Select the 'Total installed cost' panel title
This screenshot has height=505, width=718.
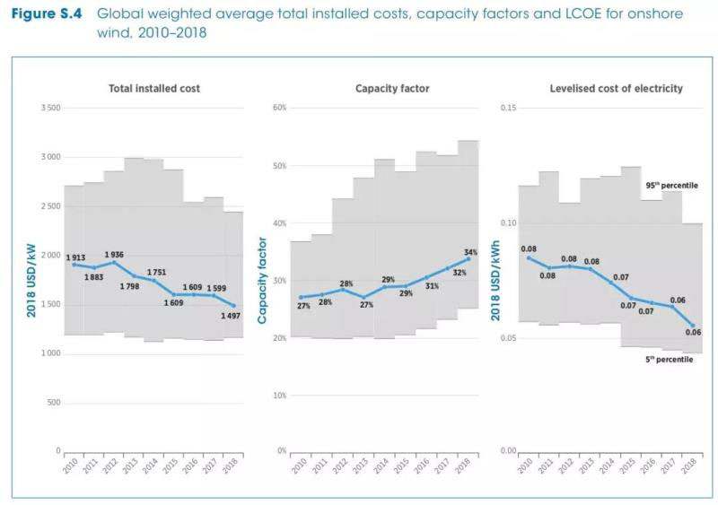[x=154, y=89]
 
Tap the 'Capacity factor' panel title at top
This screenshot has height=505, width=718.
[x=392, y=89]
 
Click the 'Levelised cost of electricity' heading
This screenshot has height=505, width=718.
[x=616, y=89]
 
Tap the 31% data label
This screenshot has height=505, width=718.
[x=432, y=286]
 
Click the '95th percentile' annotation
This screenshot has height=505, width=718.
[x=671, y=186]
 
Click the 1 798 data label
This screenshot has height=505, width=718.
[x=130, y=287]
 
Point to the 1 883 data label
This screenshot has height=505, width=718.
[x=94, y=277]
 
